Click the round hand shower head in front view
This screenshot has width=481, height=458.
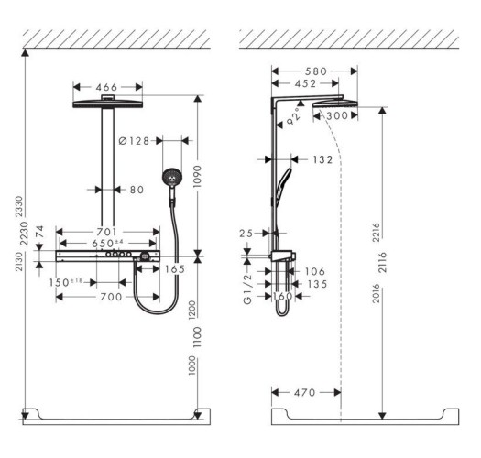click(x=171, y=178)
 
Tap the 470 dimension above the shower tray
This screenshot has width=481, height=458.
click(x=306, y=391)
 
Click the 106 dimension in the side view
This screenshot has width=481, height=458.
click(x=315, y=270)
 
